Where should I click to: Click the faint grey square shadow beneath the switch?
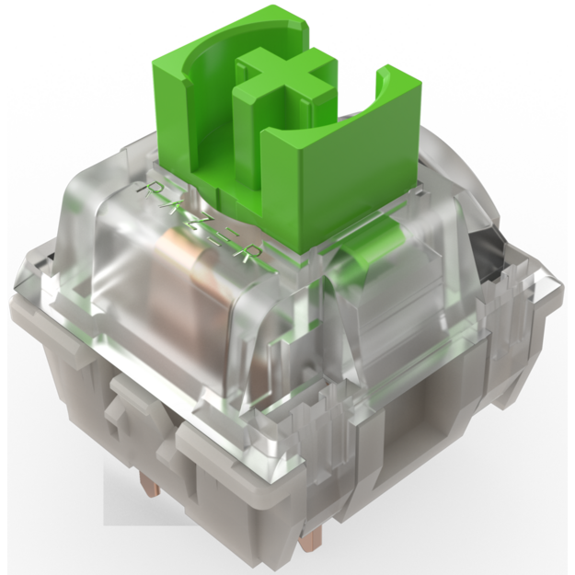pos(138,497)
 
